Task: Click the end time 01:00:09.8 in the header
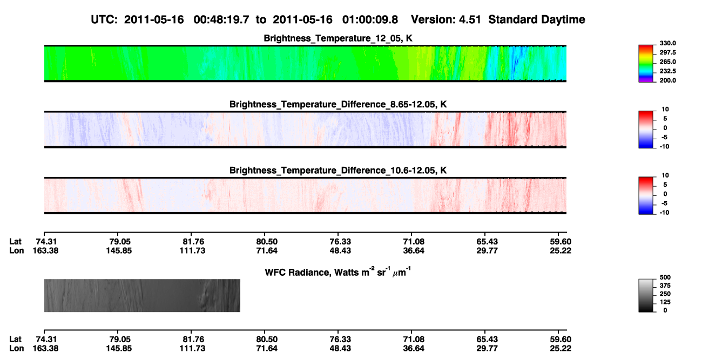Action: point(370,19)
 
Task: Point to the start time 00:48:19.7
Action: point(221,19)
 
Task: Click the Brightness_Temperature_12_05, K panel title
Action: point(338,38)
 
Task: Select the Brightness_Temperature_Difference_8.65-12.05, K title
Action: point(338,104)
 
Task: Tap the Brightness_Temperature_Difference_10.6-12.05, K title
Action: point(338,171)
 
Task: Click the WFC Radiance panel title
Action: point(338,271)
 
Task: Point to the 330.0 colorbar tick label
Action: point(667,43)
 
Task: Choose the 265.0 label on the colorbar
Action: point(667,62)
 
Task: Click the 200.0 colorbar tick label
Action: point(667,80)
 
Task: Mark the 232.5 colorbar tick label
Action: point(667,71)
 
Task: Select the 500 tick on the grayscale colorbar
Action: point(665,277)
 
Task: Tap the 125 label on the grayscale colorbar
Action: point(665,302)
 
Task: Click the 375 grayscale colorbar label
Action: point(665,286)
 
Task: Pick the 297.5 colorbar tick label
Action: point(667,52)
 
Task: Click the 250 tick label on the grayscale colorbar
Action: point(665,294)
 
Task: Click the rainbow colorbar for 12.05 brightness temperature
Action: point(646,64)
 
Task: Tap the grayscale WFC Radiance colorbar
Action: point(646,295)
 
